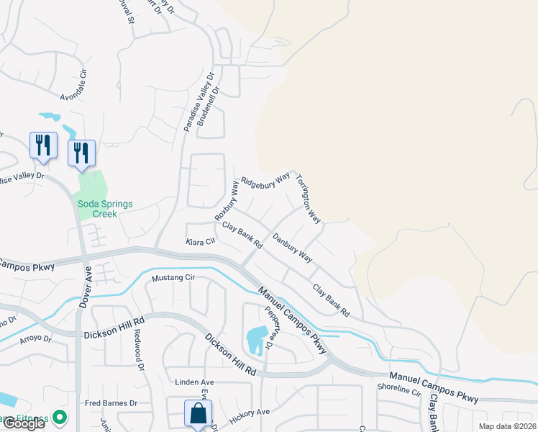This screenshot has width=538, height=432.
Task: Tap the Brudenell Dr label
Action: (x=213, y=102)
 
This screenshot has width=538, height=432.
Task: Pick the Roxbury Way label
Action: (x=226, y=201)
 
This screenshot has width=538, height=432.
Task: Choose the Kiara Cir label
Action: (x=201, y=241)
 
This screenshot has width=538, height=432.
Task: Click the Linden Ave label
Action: (x=194, y=382)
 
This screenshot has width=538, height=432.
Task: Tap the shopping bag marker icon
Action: (x=197, y=414)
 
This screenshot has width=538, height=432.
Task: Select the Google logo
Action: (x=23, y=423)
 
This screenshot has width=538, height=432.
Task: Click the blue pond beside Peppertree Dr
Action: (x=255, y=341)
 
